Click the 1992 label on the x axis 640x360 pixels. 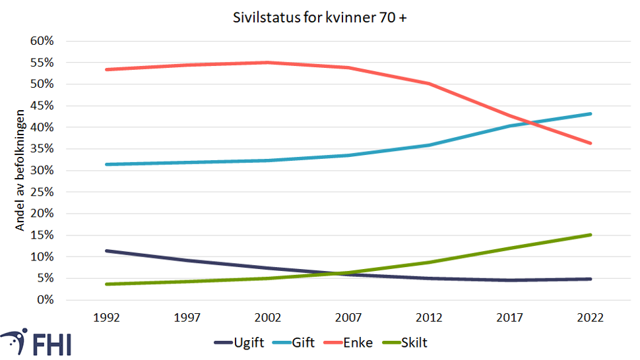pos(107,317)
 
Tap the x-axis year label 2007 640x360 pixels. pos(348,317)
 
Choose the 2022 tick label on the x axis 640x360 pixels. pos(590,317)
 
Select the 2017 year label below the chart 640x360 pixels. pos(509,317)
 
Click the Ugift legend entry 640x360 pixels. pos(243,343)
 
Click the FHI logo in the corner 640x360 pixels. pos(36,343)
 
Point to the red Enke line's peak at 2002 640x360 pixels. pos(268,63)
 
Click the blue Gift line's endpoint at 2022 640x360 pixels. pos(590,113)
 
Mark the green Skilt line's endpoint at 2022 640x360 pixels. pos(590,235)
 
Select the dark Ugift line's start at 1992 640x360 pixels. pos(107,251)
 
